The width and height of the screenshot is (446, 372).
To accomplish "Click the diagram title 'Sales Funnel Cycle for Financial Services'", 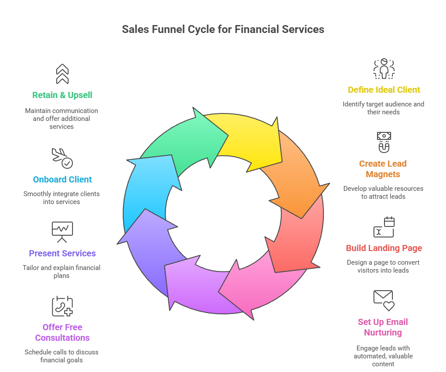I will (x=223, y=29).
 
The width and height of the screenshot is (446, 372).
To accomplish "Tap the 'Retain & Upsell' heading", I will (x=62, y=95).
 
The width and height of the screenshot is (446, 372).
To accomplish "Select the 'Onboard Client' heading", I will (x=62, y=179).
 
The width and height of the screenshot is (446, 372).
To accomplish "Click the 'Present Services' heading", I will (x=62, y=253).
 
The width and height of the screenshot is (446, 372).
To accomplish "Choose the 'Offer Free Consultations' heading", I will (x=62, y=332).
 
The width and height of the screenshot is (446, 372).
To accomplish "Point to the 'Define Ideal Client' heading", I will (x=384, y=90).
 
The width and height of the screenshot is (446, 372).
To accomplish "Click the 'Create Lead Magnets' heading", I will (x=383, y=169).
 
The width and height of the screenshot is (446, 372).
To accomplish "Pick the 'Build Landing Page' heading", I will (x=384, y=248).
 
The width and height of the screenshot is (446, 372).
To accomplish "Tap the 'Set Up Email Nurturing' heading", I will (x=383, y=327).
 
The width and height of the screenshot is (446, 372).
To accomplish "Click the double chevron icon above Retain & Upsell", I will (x=62, y=73).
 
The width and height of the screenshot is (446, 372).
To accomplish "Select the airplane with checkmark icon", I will (x=62, y=158).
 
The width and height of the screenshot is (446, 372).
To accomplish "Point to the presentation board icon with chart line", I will (x=62, y=232).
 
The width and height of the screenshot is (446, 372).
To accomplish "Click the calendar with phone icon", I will (x=62, y=306).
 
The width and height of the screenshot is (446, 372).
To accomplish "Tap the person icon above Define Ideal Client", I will (x=384, y=69).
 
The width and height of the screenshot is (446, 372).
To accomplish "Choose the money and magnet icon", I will (x=384, y=142).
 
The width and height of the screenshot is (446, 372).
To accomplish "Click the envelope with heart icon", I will (x=384, y=300).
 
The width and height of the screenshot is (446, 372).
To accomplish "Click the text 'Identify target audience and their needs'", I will (x=384, y=108).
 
